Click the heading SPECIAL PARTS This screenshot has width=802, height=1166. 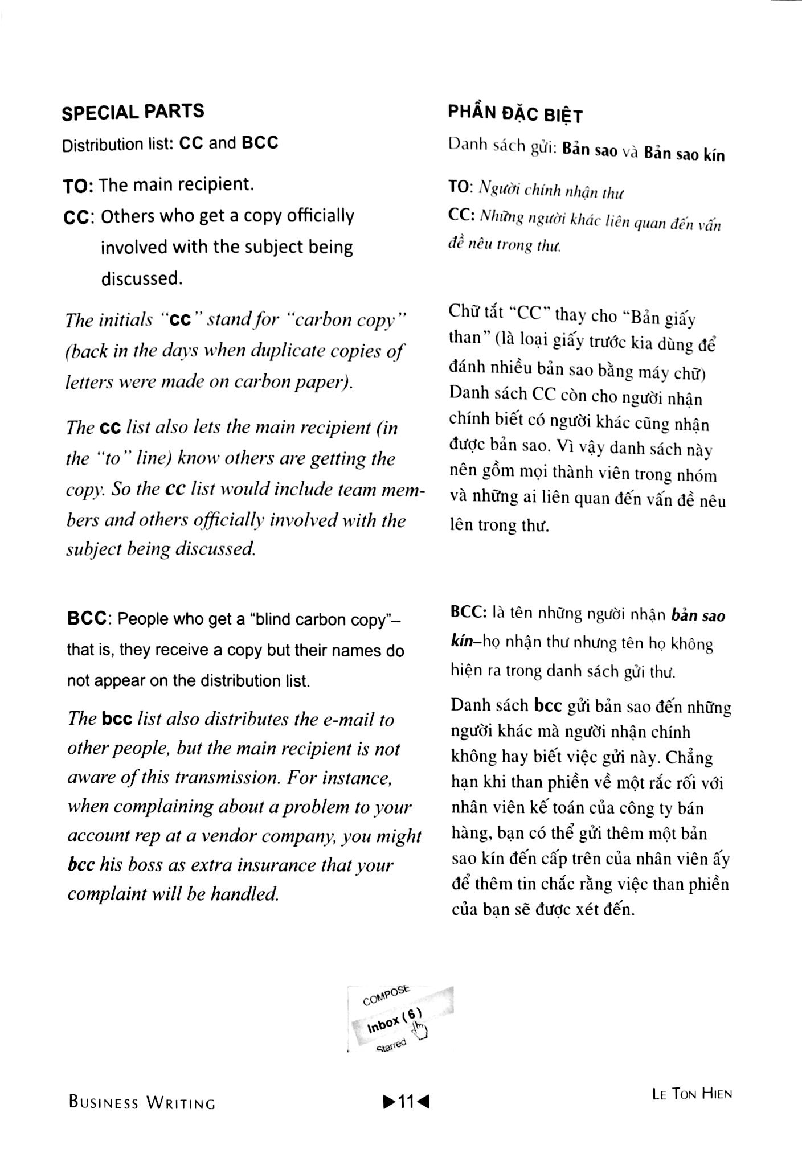click(132, 111)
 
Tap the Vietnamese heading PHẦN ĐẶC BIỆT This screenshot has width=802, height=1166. click(515, 114)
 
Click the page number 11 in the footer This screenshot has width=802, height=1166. click(406, 1102)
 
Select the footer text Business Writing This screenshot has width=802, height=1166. click(142, 1102)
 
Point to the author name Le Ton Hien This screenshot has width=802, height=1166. click(691, 1094)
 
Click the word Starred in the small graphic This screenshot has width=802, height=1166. click(391, 1045)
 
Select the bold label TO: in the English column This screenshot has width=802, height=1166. click(79, 185)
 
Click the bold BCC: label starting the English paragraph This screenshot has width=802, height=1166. click(88, 619)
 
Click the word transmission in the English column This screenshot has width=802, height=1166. click(218, 778)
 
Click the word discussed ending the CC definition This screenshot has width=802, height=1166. click(142, 278)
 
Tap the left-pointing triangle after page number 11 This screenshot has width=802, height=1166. click(423, 1102)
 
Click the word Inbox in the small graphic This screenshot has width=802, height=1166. click(383, 1024)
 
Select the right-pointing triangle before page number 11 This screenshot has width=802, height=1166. click(390, 1102)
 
